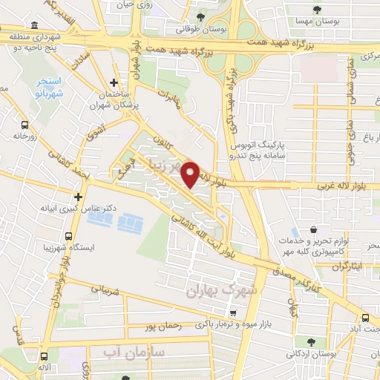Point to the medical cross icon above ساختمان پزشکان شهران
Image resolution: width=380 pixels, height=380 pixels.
tap(113, 82)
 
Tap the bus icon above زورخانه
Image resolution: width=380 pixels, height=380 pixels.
tap(24, 125)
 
